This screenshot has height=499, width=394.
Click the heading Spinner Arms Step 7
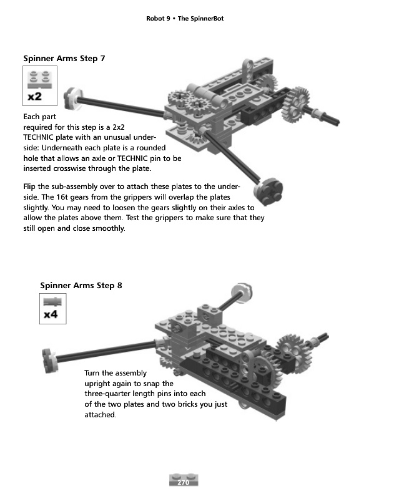click(x=64, y=59)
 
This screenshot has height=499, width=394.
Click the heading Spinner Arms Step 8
click(x=81, y=286)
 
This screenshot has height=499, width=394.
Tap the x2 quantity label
click(x=35, y=97)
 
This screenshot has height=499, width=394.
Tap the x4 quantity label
click(x=51, y=315)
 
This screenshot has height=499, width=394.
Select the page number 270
click(x=184, y=482)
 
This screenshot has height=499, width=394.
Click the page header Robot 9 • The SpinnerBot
click(x=184, y=19)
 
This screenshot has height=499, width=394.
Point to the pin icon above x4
click(x=51, y=302)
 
